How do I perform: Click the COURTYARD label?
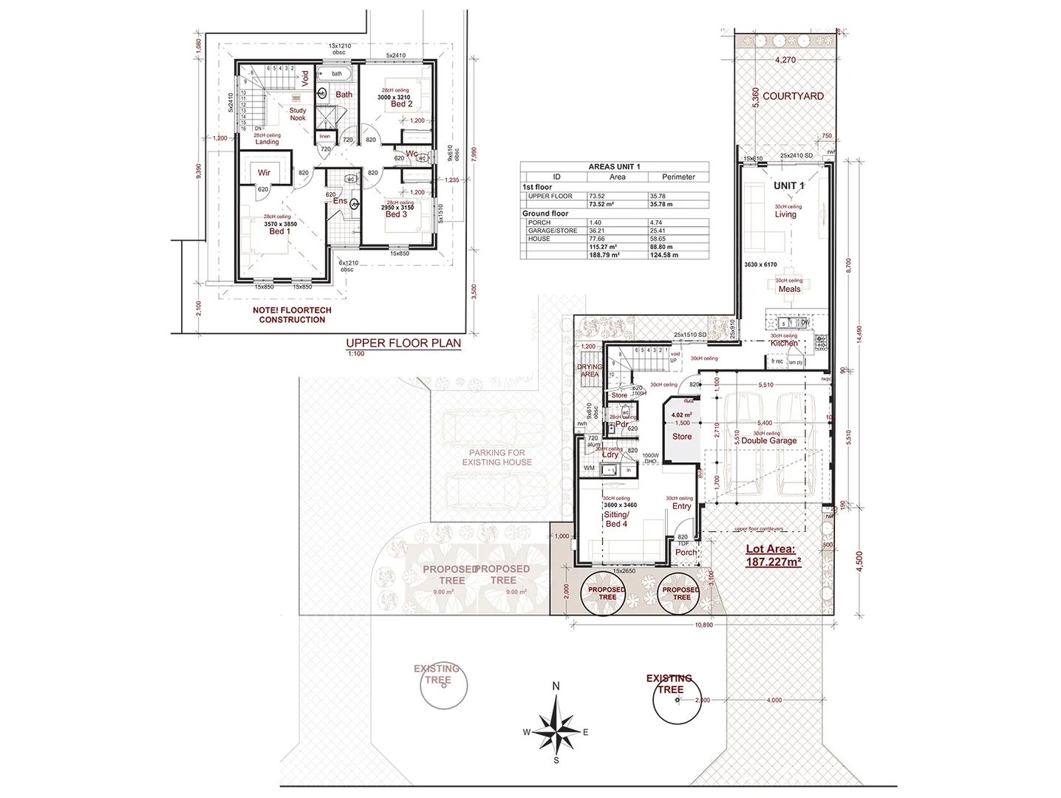tap(793, 96)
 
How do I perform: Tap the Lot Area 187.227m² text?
tap(774, 555)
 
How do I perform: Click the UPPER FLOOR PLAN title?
tap(403, 343)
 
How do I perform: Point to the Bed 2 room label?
tap(401, 104)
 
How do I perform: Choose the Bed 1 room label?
tap(279, 231)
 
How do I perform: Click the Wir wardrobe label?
tap(264, 173)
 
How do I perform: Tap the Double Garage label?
tap(768, 440)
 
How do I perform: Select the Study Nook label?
tap(298, 114)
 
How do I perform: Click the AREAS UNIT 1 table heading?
tap(614, 167)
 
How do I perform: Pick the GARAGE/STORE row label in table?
tap(553, 231)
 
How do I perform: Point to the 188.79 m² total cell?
tap(604, 255)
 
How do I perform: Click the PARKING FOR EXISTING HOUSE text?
tap(497, 457)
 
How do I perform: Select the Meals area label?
tap(789, 289)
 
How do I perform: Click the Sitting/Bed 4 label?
tap(616, 519)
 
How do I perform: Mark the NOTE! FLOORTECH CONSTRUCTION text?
tap(292, 315)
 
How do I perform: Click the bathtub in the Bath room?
tap(337, 74)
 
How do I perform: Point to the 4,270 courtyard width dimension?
tap(785, 60)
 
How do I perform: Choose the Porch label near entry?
tap(686, 552)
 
